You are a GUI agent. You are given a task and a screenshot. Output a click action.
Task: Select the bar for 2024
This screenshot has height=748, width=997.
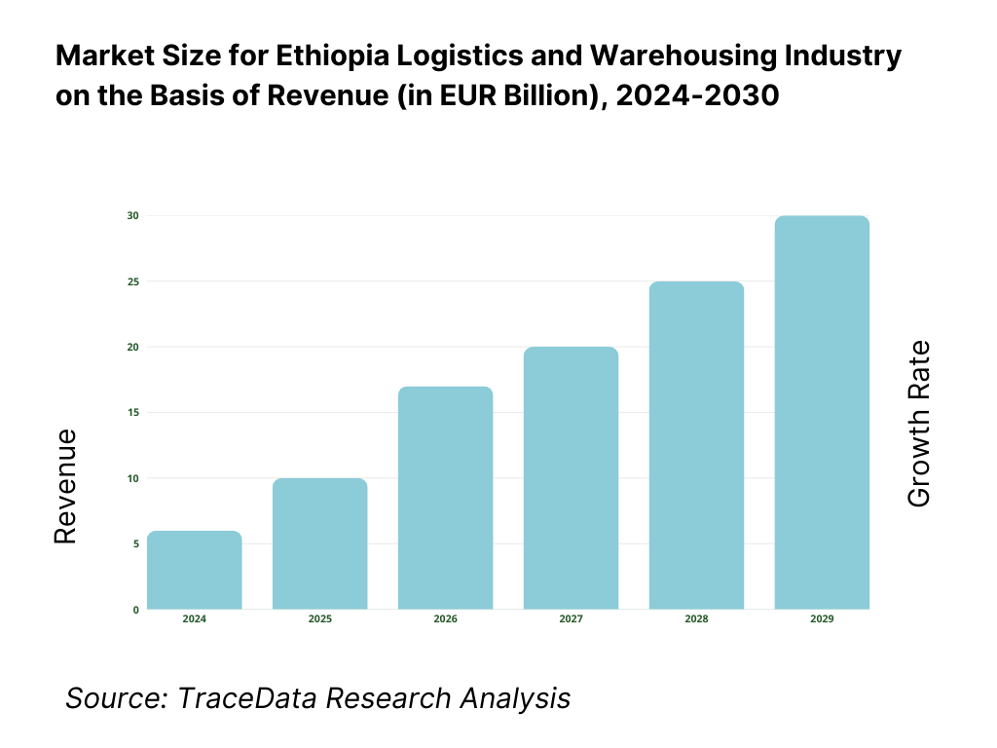pyautogui.click(x=195, y=571)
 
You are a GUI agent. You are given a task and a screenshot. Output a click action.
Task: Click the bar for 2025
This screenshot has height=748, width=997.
pyautogui.click(x=319, y=544)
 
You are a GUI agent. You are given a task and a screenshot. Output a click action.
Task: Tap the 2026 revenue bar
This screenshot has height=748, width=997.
pyautogui.click(x=445, y=499)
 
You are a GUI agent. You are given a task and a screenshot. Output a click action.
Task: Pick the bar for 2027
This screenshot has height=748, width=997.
pyautogui.click(x=571, y=478)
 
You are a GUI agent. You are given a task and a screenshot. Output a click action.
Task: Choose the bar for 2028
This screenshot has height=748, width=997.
pyautogui.click(x=696, y=446)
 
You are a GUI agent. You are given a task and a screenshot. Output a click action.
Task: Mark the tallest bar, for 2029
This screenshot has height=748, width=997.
pyautogui.click(x=822, y=413)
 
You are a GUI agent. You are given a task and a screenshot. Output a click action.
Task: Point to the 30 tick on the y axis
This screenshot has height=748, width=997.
pyautogui.click(x=134, y=215)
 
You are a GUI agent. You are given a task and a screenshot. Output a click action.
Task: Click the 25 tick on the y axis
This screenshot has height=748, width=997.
pyautogui.click(x=134, y=281)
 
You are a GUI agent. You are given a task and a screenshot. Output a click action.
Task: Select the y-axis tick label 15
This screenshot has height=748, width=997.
pyautogui.click(x=134, y=413)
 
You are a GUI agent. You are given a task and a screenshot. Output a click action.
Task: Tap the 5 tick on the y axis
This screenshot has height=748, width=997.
pyautogui.click(x=135, y=544)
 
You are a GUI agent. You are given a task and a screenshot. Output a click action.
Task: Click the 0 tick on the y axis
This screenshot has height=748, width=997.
pyautogui.click(x=135, y=610)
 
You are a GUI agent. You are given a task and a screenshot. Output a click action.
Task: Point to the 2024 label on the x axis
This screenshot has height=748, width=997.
pyautogui.click(x=195, y=619)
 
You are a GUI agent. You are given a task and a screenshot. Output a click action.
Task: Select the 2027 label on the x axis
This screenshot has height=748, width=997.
pyautogui.click(x=571, y=619)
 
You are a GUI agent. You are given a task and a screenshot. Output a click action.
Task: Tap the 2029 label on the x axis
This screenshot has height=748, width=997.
pyautogui.click(x=822, y=619)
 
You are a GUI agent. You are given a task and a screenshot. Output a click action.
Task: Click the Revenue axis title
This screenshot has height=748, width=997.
pyautogui.click(x=64, y=486)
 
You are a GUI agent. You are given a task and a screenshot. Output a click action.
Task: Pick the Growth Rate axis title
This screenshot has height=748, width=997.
pyautogui.click(x=918, y=424)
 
